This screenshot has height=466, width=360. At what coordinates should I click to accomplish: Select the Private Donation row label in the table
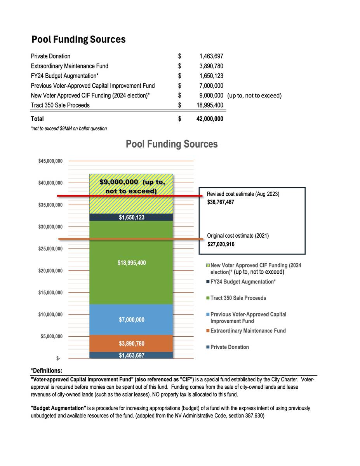[x=50, y=56]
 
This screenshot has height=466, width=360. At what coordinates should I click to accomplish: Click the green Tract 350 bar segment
[x=131, y=280]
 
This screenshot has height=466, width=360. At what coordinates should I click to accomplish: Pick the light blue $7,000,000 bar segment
[x=131, y=320]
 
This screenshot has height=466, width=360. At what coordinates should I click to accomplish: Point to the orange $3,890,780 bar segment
[x=131, y=344]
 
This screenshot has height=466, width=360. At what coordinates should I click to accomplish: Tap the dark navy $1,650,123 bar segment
[x=131, y=217]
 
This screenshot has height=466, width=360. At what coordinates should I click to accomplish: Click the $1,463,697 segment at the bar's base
[x=131, y=355]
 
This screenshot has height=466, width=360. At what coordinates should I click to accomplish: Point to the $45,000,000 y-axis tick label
[x=50, y=161]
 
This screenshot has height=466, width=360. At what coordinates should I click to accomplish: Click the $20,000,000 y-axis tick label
[x=50, y=271]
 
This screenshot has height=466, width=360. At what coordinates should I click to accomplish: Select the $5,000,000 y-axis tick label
[x=52, y=336]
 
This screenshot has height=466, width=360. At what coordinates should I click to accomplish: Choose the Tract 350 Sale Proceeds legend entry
[x=238, y=298]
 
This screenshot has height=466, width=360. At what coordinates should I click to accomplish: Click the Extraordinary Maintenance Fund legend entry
[x=248, y=331]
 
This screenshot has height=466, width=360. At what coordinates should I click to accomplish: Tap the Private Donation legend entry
[x=230, y=347]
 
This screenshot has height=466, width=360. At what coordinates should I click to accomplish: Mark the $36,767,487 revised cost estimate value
[x=221, y=202]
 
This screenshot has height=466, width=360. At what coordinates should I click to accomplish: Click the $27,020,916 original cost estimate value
[x=221, y=244]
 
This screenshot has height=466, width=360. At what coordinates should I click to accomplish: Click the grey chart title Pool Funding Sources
[x=172, y=144]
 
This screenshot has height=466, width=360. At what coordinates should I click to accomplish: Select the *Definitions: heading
[x=46, y=371]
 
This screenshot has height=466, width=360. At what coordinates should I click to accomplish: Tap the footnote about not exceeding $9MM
[x=69, y=129]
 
